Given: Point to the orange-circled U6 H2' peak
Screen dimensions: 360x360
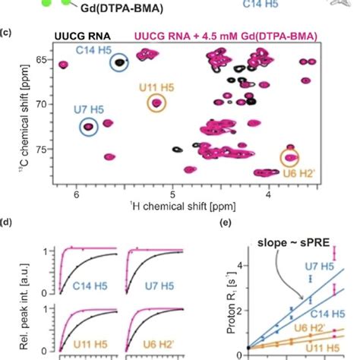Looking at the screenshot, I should point(290,158).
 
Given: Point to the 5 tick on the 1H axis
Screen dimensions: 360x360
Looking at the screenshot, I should point(173,195).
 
